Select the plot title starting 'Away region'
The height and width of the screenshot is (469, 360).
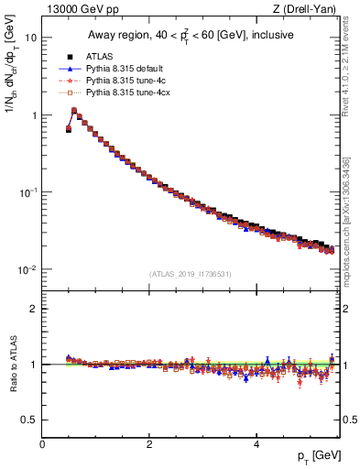click(192, 36)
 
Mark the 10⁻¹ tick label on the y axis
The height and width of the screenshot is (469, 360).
click(29, 192)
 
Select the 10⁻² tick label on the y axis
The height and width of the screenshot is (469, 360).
click(29, 269)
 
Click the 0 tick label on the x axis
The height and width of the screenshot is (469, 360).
click(42, 443)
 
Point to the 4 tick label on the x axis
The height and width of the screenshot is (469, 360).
click(256, 443)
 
